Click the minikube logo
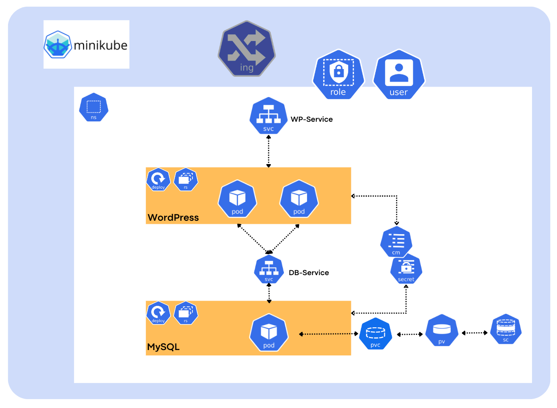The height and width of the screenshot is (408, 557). (x=86, y=45)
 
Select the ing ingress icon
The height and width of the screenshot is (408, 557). (x=246, y=52)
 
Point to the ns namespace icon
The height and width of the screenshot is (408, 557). (x=94, y=107)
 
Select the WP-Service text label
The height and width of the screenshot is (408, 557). (x=312, y=120)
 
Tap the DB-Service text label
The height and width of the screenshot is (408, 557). (x=309, y=273)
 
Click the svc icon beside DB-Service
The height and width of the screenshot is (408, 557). (x=269, y=270)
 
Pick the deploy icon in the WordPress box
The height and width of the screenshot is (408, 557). (x=158, y=180)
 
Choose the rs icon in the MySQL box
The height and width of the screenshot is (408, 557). (x=186, y=313)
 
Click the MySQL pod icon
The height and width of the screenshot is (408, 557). (x=269, y=334)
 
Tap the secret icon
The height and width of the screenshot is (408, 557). (x=406, y=270)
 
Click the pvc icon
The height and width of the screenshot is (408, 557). (x=375, y=334)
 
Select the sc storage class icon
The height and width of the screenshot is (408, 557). (x=506, y=330)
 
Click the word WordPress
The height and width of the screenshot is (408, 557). (x=173, y=218)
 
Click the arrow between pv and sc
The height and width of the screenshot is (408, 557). (x=474, y=333)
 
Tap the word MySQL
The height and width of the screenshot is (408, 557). (x=163, y=347)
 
